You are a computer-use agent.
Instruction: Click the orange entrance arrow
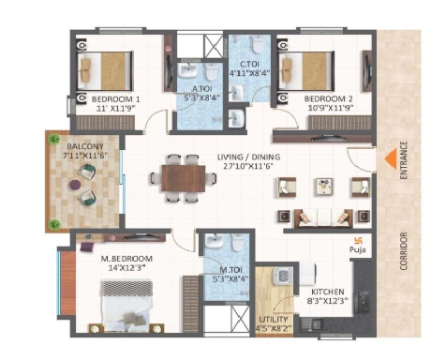pyautogui.click(x=391, y=159)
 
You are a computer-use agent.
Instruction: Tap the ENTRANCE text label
pyautogui.click(x=404, y=160)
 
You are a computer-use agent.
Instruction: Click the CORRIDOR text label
pyautogui.click(x=404, y=251)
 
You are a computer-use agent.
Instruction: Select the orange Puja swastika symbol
pyautogui.click(x=357, y=240)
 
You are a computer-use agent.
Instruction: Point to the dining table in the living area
pyautogui.click(x=184, y=178)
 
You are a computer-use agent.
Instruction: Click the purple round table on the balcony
pyautogui.click(x=75, y=185)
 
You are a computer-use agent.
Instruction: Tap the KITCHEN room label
pyautogui.click(x=328, y=292)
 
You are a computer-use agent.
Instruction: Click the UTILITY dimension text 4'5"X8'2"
pyautogui.click(x=274, y=328)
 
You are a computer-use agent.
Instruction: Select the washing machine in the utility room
pyautogui.click(x=283, y=276)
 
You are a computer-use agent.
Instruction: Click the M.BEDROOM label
pyautogui.click(x=126, y=259)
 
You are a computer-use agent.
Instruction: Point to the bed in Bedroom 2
pyautogui.click(x=306, y=71)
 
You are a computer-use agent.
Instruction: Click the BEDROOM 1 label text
pyautogui.click(x=115, y=99)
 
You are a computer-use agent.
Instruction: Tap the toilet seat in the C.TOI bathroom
pyautogui.click(x=258, y=44)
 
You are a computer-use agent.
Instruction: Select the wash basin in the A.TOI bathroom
pyautogui.click(x=187, y=71)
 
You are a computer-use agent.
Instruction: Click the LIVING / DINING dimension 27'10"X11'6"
pyautogui.click(x=248, y=166)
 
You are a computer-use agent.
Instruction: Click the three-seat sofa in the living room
pyautogui.click(x=323, y=218)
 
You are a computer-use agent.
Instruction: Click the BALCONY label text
pyautogui.click(x=85, y=146)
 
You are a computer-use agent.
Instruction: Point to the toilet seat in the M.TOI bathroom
pyautogui.click(x=237, y=243)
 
